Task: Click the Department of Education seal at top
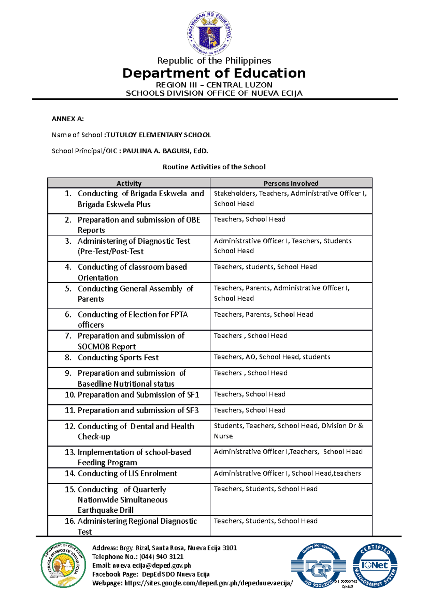pyautogui.click(x=210, y=33)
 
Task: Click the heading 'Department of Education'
pyautogui.click(x=214, y=73)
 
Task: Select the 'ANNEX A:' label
pyautogui.click(x=67, y=119)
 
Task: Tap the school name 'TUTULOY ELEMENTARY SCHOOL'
pyautogui.click(x=159, y=135)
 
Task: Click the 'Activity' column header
pyautogui.click(x=129, y=183)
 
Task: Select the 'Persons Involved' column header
pyautogui.click(x=291, y=183)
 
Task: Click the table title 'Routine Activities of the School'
pyautogui.click(x=214, y=167)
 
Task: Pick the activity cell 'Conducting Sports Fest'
pyautogui.click(x=118, y=358)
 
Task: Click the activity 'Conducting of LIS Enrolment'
pyautogui.click(x=127, y=474)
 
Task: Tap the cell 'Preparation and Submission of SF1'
pyautogui.click(x=138, y=395)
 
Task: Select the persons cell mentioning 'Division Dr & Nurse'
pyautogui.click(x=288, y=431)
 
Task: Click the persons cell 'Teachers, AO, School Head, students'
pyautogui.click(x=272, y=357)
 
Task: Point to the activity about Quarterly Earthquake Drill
pyautogui.click(x=122, y=500)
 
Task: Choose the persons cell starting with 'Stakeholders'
pyautogui.click(x=290, y=198)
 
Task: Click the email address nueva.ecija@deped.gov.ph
pyautogui.click(x=152, y=565)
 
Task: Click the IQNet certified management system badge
pyautogui.click(x=375, y=565)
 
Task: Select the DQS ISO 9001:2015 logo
pyautogui.click(x=319, y=567)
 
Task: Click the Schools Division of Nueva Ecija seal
pyautogui.click(x=63, y=565)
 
